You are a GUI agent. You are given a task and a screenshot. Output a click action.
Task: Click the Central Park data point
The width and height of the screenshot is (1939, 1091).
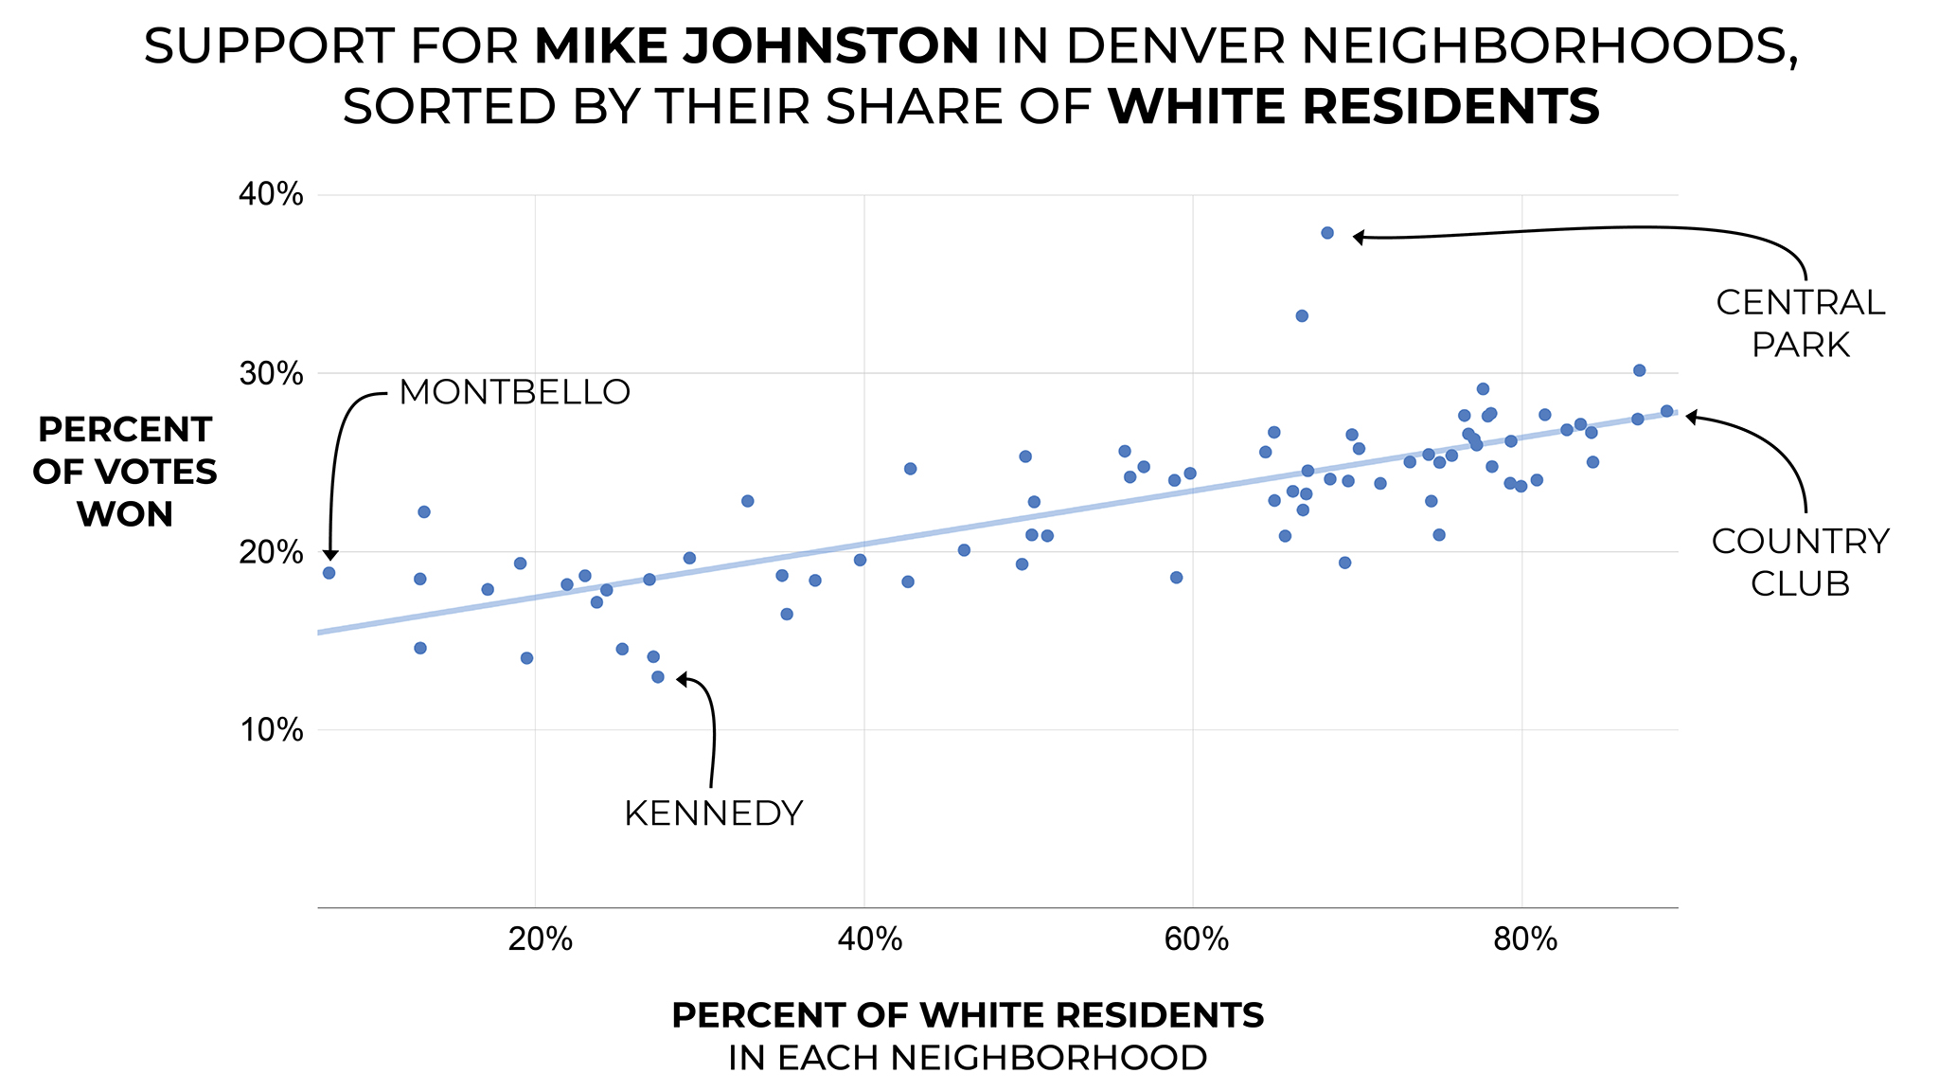[x=1326, y=233]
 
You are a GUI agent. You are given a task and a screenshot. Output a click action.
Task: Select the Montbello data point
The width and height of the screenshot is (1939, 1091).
[x=329, y=573]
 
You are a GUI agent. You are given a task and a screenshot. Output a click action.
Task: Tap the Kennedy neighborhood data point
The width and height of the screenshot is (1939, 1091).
[x=657, y=677]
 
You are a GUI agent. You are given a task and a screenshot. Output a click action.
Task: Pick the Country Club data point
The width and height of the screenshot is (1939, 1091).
[x=1666, y=411]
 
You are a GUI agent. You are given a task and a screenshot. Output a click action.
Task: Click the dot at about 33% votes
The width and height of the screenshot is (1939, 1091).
[x=1301, y=315]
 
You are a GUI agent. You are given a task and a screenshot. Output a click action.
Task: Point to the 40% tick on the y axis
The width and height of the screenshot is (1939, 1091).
[x=271, y=195]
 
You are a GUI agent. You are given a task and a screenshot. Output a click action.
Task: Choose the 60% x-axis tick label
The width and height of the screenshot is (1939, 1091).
[x=1196, y=939]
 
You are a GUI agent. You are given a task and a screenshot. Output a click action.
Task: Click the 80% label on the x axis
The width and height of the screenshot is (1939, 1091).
[x=1524, y=939]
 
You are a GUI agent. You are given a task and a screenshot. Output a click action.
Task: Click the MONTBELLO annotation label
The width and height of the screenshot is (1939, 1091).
[x=514, y=392]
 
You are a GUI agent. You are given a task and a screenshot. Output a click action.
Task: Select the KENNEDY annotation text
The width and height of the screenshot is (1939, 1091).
[x=713, y=814]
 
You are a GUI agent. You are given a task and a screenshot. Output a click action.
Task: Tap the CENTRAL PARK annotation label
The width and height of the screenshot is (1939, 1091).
[x=1800, y=324]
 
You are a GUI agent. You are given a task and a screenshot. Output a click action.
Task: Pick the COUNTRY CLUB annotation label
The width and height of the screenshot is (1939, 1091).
[x=1800, y=563]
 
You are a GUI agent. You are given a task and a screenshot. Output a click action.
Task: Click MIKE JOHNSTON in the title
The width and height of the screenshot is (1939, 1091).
[x=756, y=46]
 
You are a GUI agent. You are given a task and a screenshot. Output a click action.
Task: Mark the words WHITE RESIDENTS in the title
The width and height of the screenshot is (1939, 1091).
[x=1354, y=106]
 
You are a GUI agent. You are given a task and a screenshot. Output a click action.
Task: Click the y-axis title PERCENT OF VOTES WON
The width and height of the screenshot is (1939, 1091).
[x=124, y=472]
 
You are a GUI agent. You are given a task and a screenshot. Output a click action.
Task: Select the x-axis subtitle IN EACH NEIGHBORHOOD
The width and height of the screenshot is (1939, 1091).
[x=968, y=1058]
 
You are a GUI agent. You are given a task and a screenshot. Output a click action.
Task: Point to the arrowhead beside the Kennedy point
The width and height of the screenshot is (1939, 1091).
[x=682, y=679]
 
